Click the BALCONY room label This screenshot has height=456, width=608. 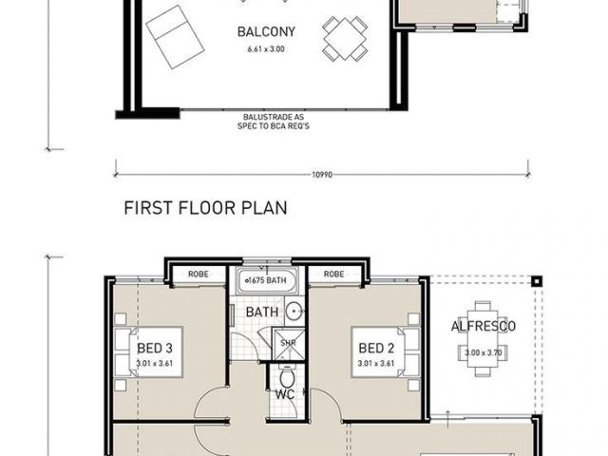266,31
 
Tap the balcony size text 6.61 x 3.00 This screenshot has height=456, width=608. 266,49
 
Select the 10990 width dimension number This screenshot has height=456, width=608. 322,175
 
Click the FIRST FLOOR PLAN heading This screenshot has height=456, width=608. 205,208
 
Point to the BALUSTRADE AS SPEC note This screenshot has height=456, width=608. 274,122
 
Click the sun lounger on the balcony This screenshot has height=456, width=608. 175,37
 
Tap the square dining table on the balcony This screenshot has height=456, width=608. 345,38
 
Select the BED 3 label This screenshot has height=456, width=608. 155,349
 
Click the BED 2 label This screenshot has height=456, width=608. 376,349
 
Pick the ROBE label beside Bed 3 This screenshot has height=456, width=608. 199,275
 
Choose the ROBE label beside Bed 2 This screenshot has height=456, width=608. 333,275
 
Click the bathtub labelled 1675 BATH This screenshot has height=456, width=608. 267,280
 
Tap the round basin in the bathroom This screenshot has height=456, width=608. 294,311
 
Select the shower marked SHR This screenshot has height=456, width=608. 289,343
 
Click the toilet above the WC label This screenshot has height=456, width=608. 287,377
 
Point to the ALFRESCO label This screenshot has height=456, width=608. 484,326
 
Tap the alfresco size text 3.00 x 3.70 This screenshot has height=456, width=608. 484,352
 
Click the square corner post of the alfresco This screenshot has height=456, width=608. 536,281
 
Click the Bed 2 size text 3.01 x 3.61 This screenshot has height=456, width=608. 376,363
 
